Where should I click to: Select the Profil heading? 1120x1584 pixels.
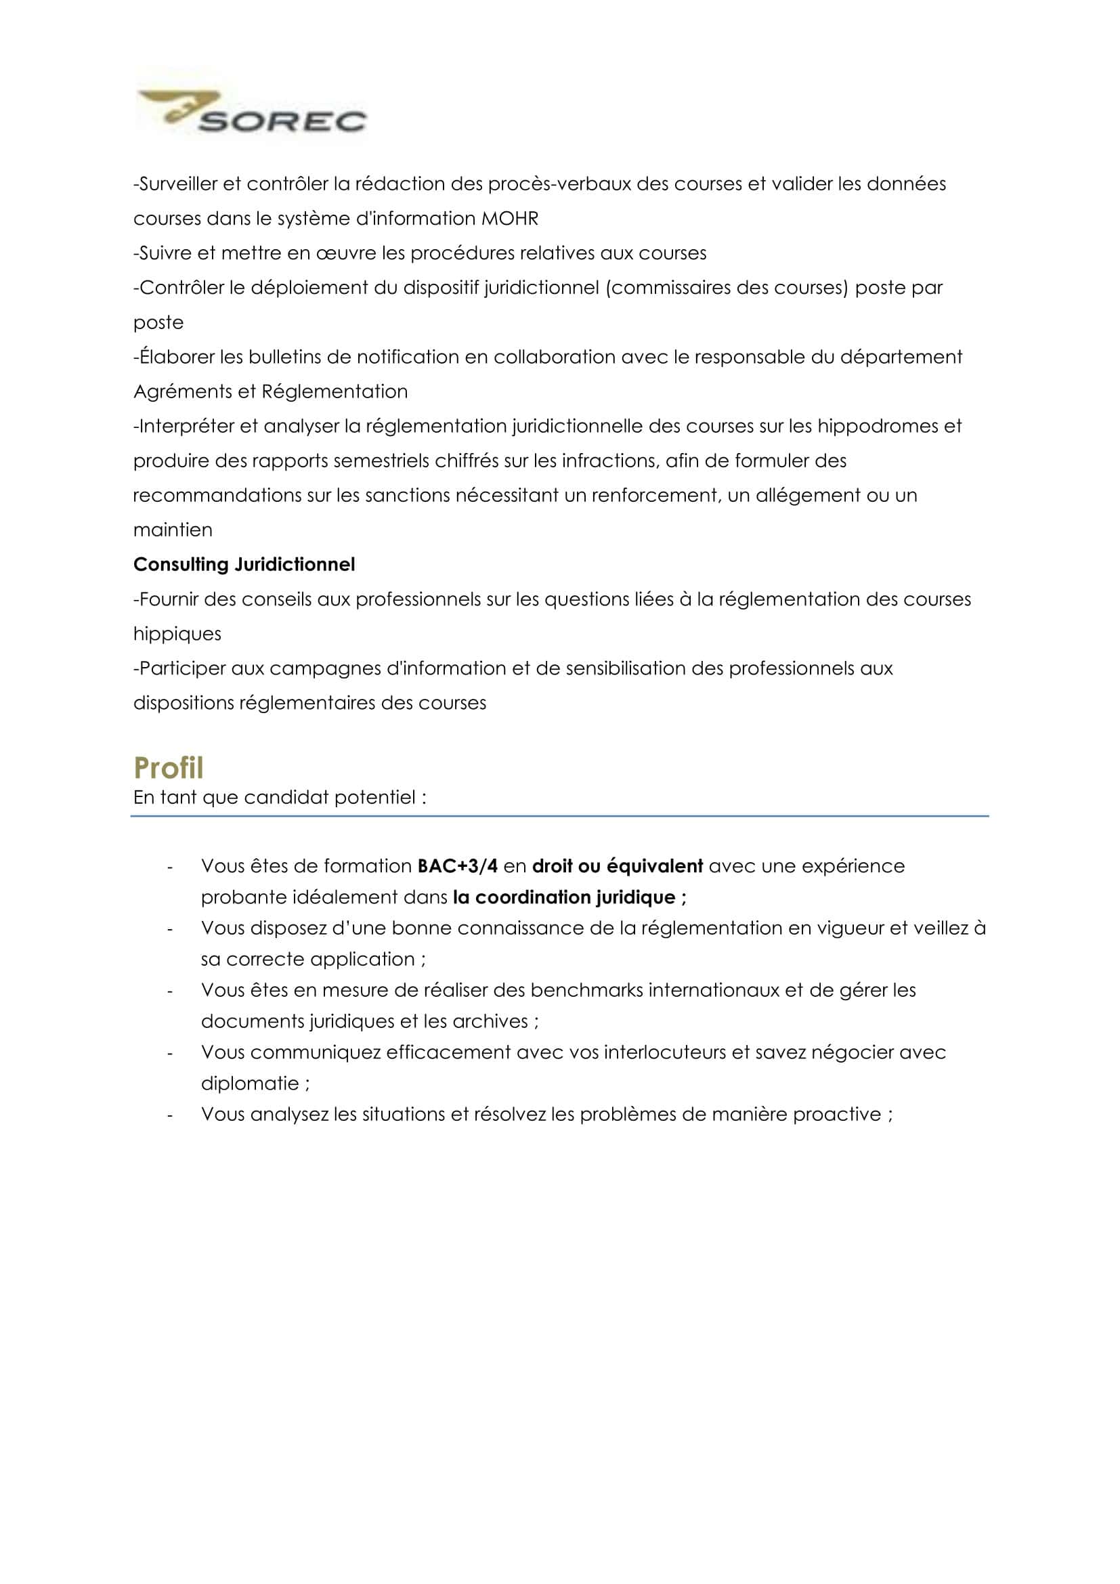(x=169, y=768)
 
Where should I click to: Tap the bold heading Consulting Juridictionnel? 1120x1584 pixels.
(x=244, y=564)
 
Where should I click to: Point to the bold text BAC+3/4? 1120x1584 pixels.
(x=457, y=866)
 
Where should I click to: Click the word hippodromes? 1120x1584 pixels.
(x=876, y=427)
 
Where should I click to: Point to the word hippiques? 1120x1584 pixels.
(x=177, y=634)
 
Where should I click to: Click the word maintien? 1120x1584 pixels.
(x=173, y=530)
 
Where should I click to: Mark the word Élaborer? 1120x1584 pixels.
(x=174, y=358)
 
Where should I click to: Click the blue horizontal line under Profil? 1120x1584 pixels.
(x=559, y=816)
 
